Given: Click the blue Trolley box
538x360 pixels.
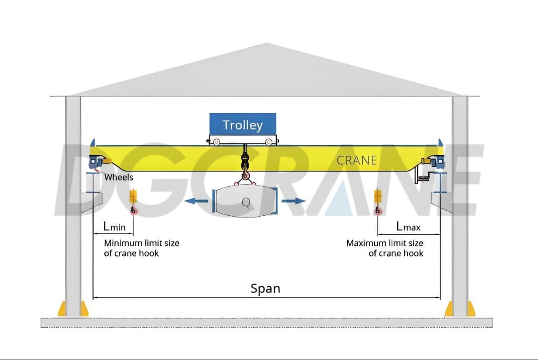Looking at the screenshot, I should pos(242,125).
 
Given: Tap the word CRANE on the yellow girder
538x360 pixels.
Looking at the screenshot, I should pos(357,160).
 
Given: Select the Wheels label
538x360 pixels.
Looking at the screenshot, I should pos(119,177).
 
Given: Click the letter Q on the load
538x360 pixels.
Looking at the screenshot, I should pos(246,203).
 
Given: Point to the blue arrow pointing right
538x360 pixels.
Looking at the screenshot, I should pos(295,201).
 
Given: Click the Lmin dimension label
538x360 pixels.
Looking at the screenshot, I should pos(114,227).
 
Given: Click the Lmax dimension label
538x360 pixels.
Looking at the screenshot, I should pos(408,227).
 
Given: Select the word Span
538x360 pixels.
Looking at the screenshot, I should pos(265,289).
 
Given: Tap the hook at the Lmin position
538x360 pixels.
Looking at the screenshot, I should pos(133,210).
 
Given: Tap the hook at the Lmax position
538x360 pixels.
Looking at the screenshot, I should pos(378,210).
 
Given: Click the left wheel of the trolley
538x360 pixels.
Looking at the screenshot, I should pos(217,142).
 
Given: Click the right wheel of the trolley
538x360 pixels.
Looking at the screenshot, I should pos(269,142).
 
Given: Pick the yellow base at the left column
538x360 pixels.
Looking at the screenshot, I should pos(73,309).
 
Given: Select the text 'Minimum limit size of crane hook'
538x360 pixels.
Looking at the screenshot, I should pos(141,248).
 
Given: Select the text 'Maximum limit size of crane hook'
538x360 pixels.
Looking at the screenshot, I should pos(385,248).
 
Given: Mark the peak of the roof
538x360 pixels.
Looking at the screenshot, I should pos(267,44).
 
